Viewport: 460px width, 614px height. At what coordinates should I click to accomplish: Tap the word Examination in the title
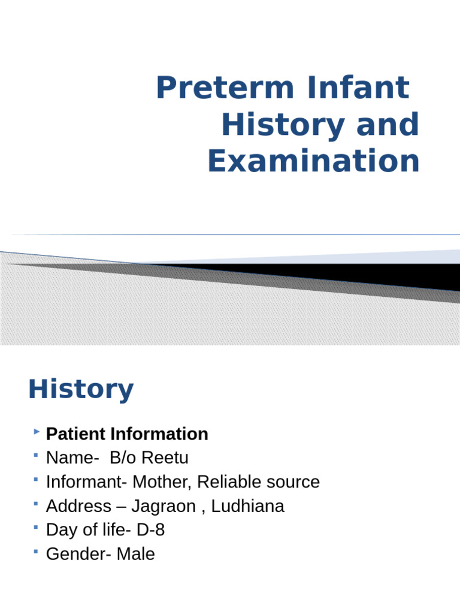point(313,161)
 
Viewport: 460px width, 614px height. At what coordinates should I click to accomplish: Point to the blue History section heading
point(81,390)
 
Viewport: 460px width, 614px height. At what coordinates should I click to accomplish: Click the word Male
point(135,554)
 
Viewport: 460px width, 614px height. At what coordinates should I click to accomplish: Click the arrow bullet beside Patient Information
point(38,431)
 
